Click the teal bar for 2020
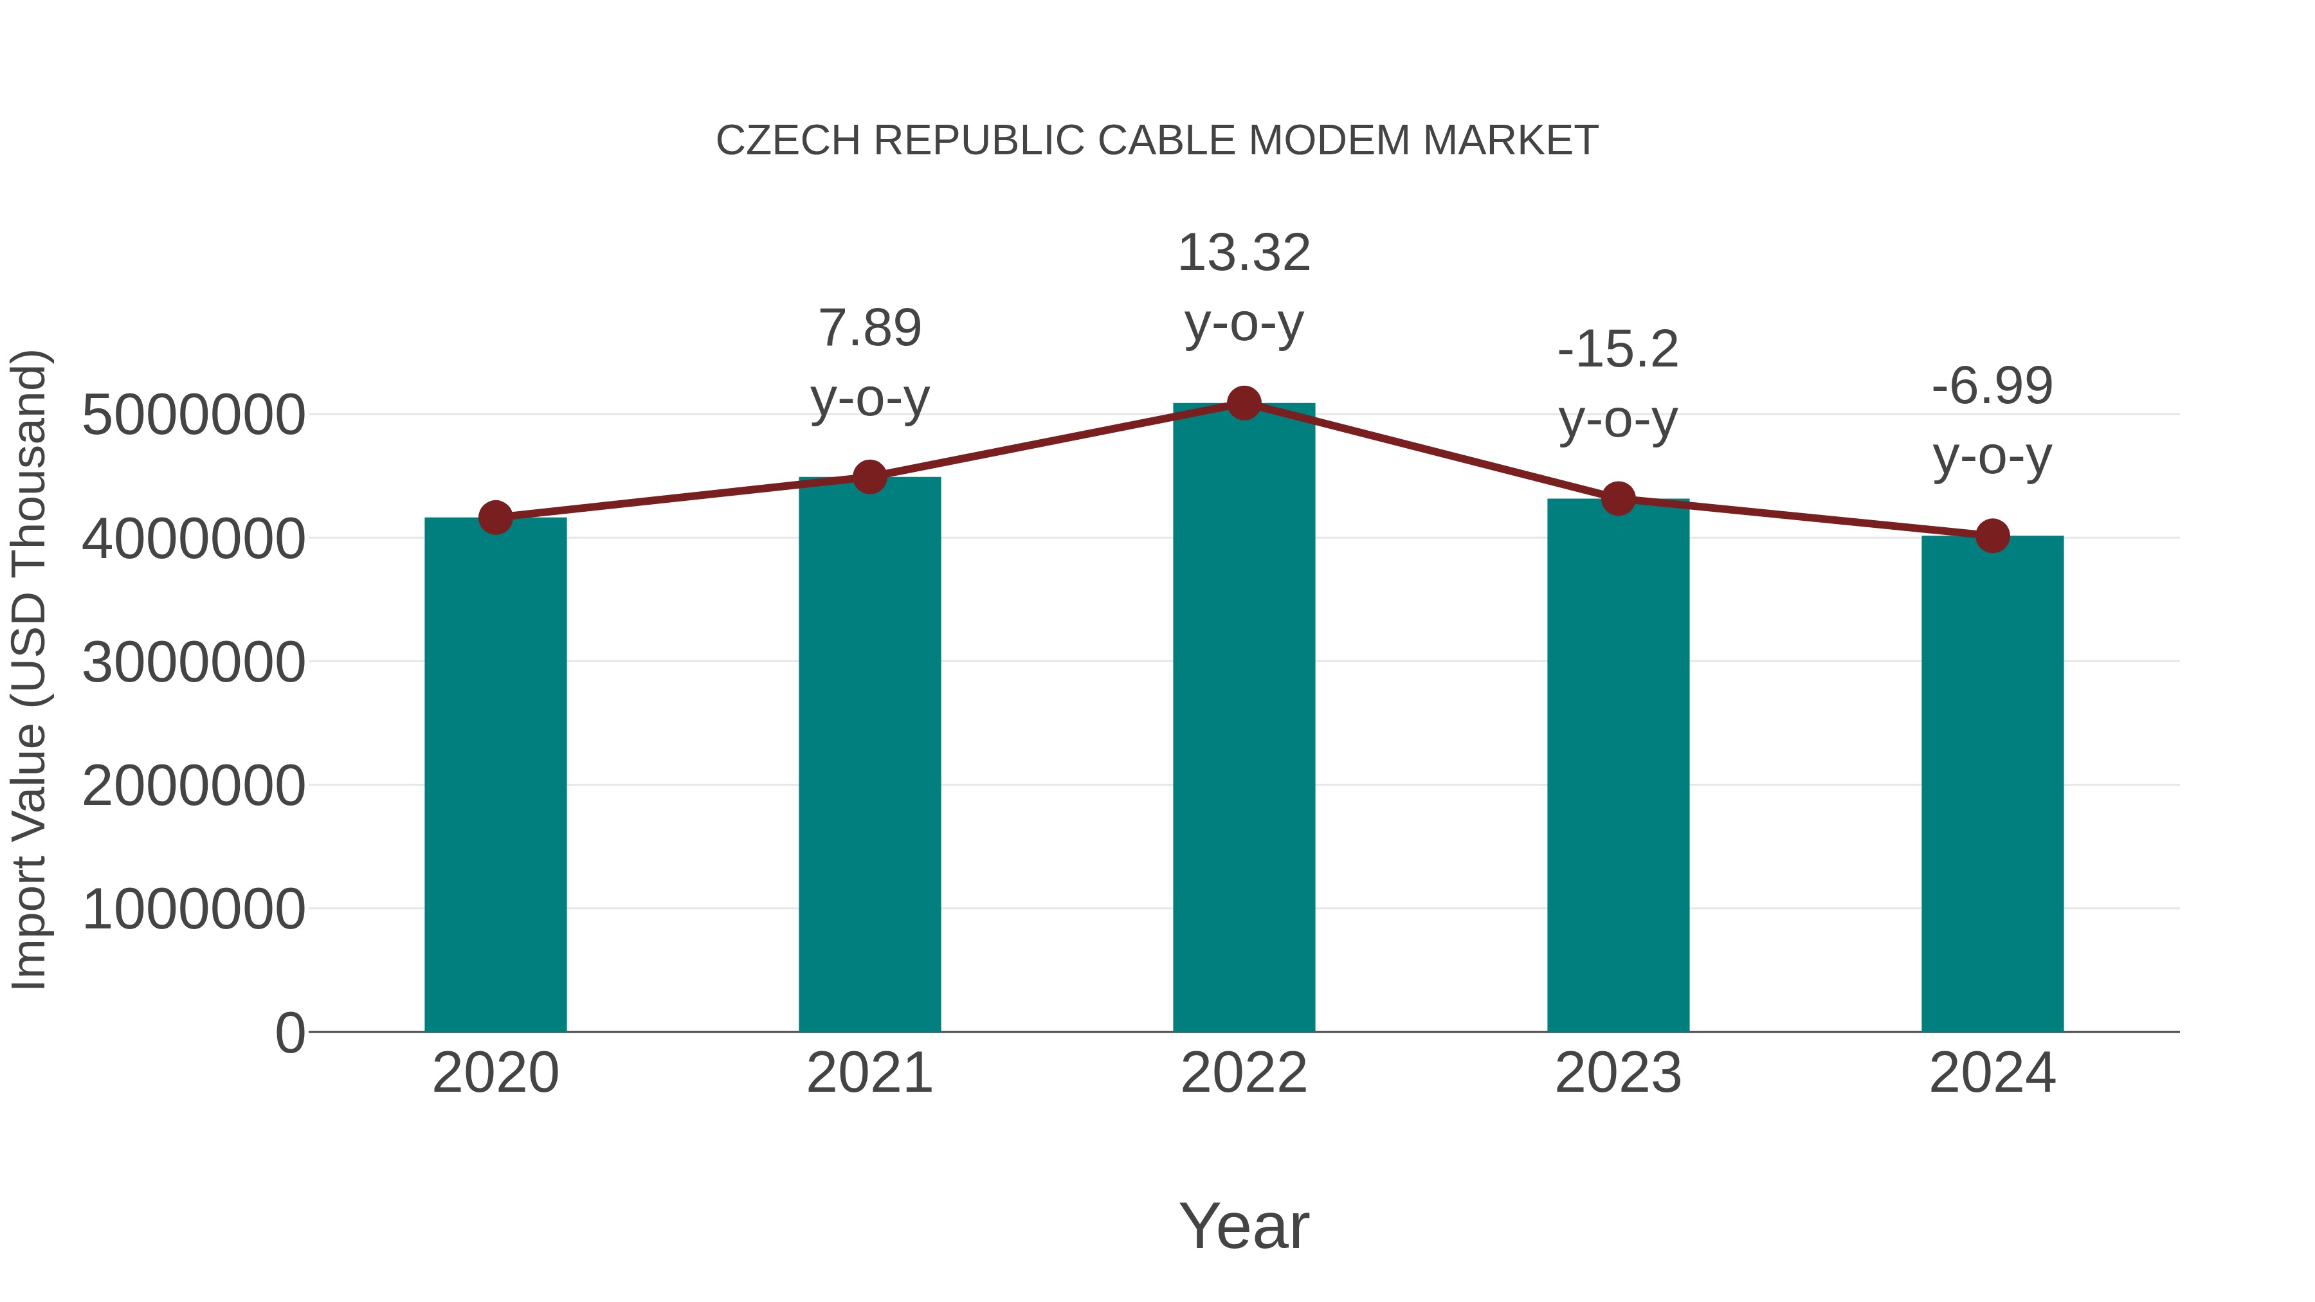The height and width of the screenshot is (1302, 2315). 495,773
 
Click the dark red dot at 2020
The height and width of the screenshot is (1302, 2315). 495,518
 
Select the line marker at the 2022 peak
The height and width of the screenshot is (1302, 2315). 1244,403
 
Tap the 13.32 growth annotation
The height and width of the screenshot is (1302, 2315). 1244,253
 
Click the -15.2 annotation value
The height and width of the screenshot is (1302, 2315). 1618,350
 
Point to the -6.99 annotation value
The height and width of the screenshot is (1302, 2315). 1992,386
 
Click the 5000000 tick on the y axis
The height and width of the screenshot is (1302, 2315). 193,415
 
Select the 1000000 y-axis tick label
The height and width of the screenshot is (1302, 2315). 193,909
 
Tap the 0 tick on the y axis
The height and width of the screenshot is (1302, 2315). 290,1033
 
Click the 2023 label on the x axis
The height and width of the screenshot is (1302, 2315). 1618,1073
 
